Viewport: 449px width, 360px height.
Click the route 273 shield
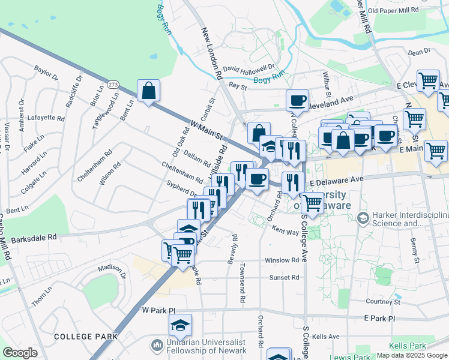pos(114,85)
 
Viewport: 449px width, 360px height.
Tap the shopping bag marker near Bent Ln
pos(148,91)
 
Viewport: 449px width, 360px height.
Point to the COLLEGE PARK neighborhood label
pos(86,337)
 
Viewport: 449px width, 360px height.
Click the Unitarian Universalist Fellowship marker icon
pos(157,345)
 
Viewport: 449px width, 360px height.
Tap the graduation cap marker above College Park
pos(180,325)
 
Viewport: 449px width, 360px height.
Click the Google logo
pos(20,353)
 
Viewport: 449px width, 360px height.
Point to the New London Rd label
pos(212,54)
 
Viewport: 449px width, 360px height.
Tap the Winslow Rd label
pos(282,260)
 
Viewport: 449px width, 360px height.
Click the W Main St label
pos(206,130)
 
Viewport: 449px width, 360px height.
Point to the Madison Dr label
pos(110,268)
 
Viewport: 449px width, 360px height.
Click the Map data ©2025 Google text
pos(412,355)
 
